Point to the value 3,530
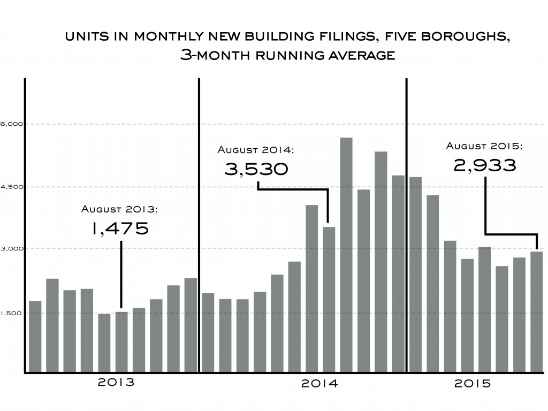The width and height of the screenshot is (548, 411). pos(256,170)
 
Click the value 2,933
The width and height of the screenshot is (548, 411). pos(485,165)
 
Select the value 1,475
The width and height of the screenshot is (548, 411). pos(120,229)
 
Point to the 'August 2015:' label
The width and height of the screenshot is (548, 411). pos(484,146)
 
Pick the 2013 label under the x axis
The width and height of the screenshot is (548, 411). pos(116,383)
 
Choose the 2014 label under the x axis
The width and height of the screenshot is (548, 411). pos(319,384)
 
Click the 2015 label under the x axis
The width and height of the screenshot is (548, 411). pos(473,384)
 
